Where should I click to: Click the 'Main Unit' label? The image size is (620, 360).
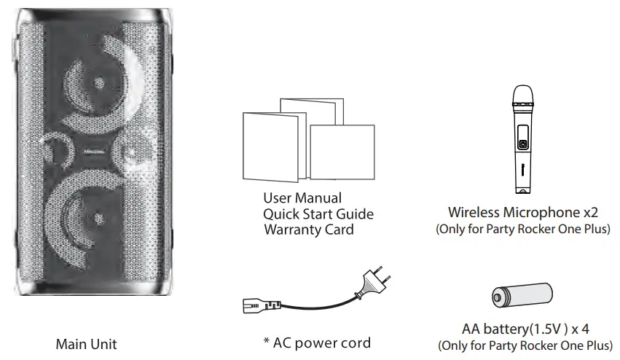[x=86, y=344]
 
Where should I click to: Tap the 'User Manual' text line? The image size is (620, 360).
[x=302, y=198]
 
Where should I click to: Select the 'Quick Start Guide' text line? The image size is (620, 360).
[x=318, y=214]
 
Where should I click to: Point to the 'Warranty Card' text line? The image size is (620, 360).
[x=308, y=230]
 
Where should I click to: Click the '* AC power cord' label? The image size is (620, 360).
[x=317, y=343]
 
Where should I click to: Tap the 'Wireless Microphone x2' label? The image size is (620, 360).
[x=522, y=213]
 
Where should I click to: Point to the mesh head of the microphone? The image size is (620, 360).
[x=522, y=95]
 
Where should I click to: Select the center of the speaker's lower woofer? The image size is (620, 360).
[x=99, y=217]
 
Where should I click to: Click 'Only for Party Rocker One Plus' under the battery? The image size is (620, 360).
[x=525, y=345]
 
